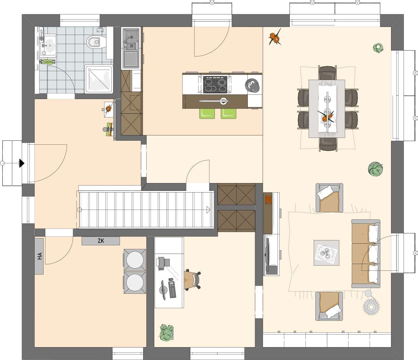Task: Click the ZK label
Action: tap(101, 241)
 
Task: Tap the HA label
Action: tap(40, 256)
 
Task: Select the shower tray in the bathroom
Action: tap(99, 79)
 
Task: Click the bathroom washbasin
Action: tap(48, 45)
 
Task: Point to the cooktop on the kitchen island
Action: tap(215, 85)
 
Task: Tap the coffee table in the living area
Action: tap(326, 253)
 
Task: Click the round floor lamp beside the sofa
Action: tap(371, 307)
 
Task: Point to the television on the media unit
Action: tap(267, 255)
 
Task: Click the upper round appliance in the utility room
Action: tap(135, 260)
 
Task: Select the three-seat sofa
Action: tap(366, 254)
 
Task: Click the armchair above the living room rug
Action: tap(329, 198)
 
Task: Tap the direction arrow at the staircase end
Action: tap(208, 210)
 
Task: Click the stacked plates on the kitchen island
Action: tap(252, 86)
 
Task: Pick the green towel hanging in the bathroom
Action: tap(48, 62)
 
